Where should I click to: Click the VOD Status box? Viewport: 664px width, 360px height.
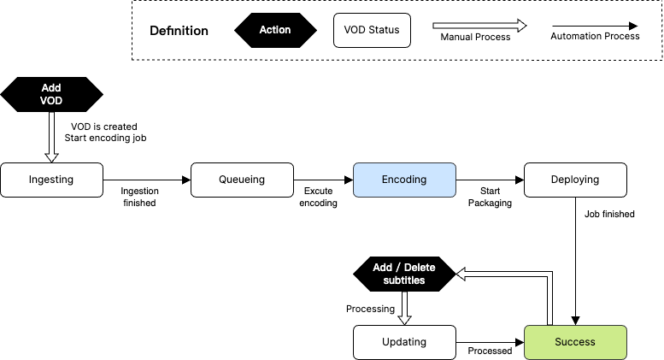pyautogui.click(x=372, y=30)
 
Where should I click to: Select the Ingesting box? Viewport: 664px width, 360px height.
pyautogui.click(x=51, y=180)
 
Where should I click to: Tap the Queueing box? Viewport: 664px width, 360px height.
pyautogui.click(x=242, y=180)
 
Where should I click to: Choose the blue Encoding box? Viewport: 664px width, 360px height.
pyautogui.click(x=404, y=180)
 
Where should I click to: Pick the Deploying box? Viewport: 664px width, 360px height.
pyautogui.click(x=575, y=180)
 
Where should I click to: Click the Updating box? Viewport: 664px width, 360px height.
pyautogui.click(x=404, y=342)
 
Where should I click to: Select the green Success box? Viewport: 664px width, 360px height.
pyautogui.click(x=575, y=342)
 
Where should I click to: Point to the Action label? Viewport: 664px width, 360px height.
pyautogui.click(x=275, y=30)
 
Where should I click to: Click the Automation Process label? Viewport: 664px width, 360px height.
pyautogui.click(x=595, y=37)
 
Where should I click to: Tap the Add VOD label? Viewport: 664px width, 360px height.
pyautogui.click(x=51, y=94)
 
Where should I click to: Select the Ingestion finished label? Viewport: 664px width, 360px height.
pyautogui.click(x=139, y=198)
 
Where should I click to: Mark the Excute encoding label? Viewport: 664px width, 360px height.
pyautogui.click(x=318, y=198)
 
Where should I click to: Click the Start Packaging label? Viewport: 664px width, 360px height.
pyautogui.click(x=490, y=198)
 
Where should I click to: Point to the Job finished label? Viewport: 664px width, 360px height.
pyautogui.click(x=609, y=215)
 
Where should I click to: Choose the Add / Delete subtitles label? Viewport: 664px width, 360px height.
pyautogui.click(x=404, y=274)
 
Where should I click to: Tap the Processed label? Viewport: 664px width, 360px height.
pyautogui.click(x=490, y=351)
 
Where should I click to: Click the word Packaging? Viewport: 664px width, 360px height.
pyautogui.click(x=490, y=204)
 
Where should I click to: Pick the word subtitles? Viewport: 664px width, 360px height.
pyautogui.click(x=404, y=280)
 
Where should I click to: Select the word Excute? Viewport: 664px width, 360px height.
pyautogui.click(x=318, y=192)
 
